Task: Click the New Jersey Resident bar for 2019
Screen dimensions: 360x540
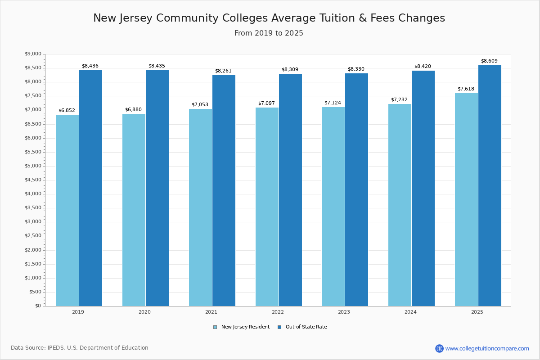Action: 67,210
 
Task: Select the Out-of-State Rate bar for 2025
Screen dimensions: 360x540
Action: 490,185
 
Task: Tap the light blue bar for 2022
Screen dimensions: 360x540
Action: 267,207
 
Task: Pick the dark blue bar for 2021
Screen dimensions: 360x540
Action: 224,190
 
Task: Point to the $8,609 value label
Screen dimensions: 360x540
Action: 489,61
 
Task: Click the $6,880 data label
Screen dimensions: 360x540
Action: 133,110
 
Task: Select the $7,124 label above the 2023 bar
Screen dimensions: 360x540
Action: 333,103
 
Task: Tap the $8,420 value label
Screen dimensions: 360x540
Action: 423,67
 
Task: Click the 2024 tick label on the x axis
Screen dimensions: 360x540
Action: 410,312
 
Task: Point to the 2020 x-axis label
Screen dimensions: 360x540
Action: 144,312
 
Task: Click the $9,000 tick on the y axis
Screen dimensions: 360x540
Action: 33,54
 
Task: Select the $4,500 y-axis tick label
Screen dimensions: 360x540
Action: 33,180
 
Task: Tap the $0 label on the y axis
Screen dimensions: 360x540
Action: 38,306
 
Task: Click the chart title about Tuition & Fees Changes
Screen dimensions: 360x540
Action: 269,18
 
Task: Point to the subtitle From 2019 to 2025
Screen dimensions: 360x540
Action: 269,33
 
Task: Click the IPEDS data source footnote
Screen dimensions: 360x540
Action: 80,348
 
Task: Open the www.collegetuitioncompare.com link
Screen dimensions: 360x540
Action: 487,348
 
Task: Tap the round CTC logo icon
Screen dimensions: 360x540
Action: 439,348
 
